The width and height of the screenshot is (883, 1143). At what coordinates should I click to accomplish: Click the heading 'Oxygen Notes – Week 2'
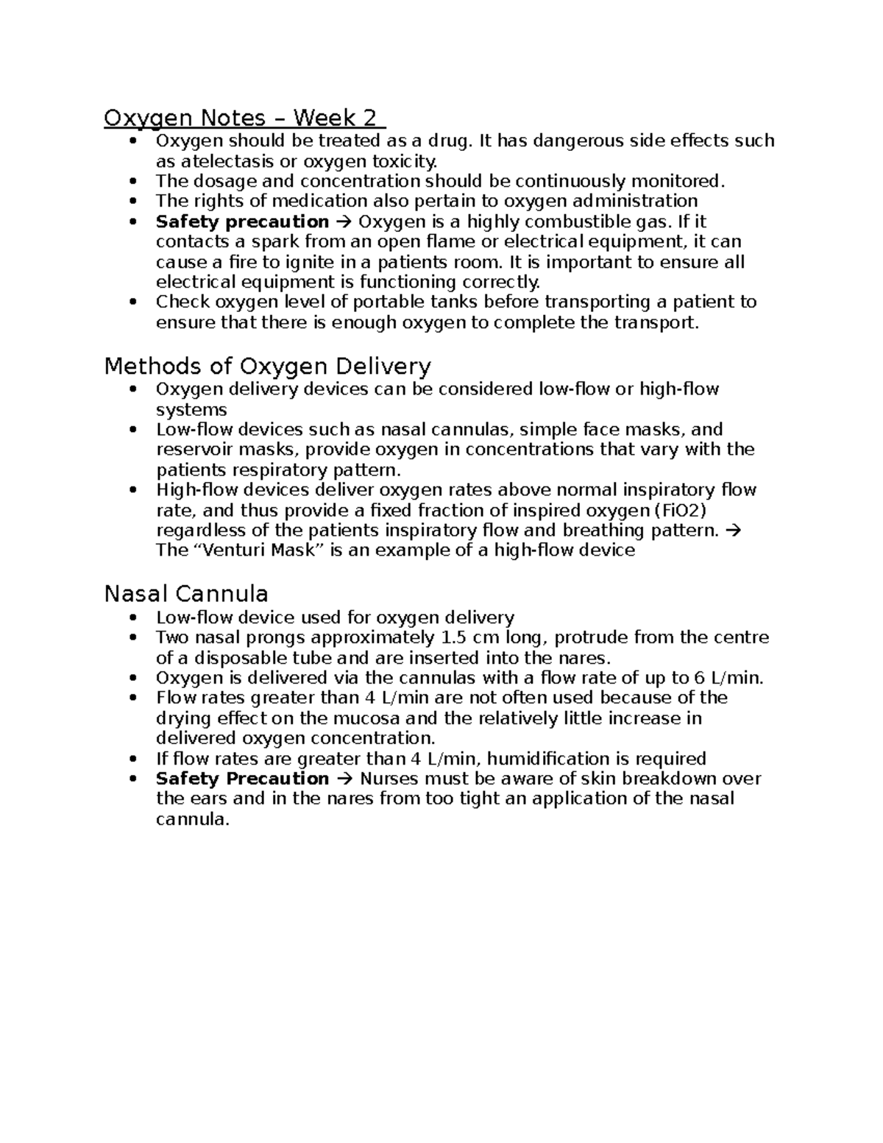tap(244, 118)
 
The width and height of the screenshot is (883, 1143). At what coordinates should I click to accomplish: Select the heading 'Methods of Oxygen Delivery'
tap(267, 366)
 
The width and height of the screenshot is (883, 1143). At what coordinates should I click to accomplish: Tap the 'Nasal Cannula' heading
tap(186, 593)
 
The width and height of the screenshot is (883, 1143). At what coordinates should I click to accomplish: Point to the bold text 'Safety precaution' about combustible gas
tap(242, 222)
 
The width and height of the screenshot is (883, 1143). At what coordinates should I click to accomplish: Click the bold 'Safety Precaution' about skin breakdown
tap(242, 779)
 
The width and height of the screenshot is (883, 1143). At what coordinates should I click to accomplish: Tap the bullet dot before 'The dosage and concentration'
tap(132, 182)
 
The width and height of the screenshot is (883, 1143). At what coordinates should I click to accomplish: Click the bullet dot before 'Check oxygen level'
tap(132, 302)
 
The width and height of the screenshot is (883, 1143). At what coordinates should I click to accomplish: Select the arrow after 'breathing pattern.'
tap(734, 531)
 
